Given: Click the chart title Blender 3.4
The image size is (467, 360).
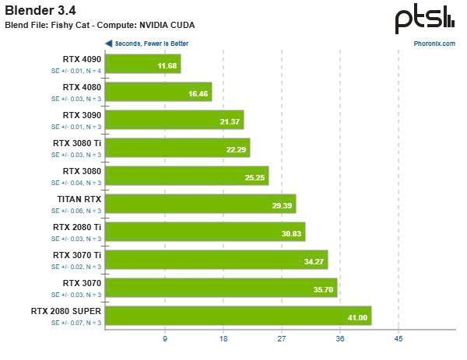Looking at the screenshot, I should click(x=38, y=10).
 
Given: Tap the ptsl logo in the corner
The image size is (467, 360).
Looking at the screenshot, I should click(x=424, y=19).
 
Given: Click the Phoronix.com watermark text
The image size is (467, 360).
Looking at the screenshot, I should click(x=434, y=44).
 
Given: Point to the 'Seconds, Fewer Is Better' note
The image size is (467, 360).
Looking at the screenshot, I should click(x=151, y=44).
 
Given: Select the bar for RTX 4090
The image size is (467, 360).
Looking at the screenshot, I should click(x=142, y=64).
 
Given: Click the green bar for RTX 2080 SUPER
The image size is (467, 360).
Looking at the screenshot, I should click(x=237, y=316).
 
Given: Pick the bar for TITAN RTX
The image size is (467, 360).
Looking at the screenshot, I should click(x=200, y=204).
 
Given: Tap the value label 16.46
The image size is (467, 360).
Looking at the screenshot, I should click(x=199, y=93).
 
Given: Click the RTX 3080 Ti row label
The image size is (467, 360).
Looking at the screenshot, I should click(x=77, y=143).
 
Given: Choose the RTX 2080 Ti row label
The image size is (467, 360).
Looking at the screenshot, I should click(x=77, y=227).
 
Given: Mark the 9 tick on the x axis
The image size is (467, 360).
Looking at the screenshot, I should click(x=164, y=339).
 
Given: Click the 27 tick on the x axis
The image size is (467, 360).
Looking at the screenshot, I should click(x=282, y=339).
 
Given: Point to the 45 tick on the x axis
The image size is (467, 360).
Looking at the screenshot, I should click(x=399, y=339).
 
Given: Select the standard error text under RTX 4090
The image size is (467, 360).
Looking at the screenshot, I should click(x=76, y=70).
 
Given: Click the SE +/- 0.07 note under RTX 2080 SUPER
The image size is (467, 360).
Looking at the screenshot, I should click(x=76, y=322).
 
